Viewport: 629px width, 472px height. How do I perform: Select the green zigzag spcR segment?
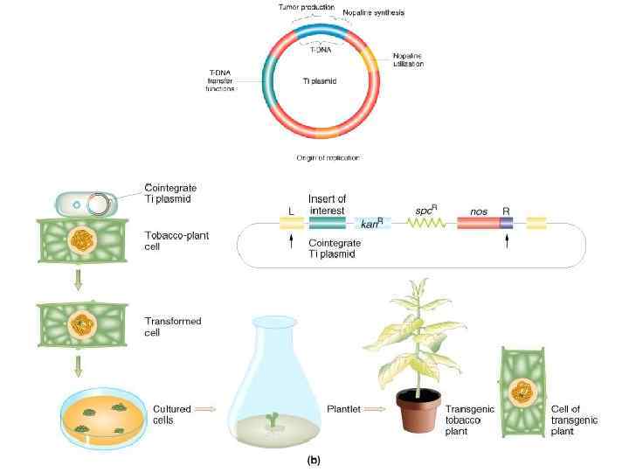pos(425,224)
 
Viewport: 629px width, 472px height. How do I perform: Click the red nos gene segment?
pos(477,224)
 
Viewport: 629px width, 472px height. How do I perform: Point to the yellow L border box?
pos(289,224)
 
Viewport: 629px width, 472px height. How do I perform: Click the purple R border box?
pos(506,224)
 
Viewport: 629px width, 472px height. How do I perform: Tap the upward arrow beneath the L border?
pos(289,242)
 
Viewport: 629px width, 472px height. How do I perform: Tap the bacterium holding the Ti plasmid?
pos(86,203)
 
